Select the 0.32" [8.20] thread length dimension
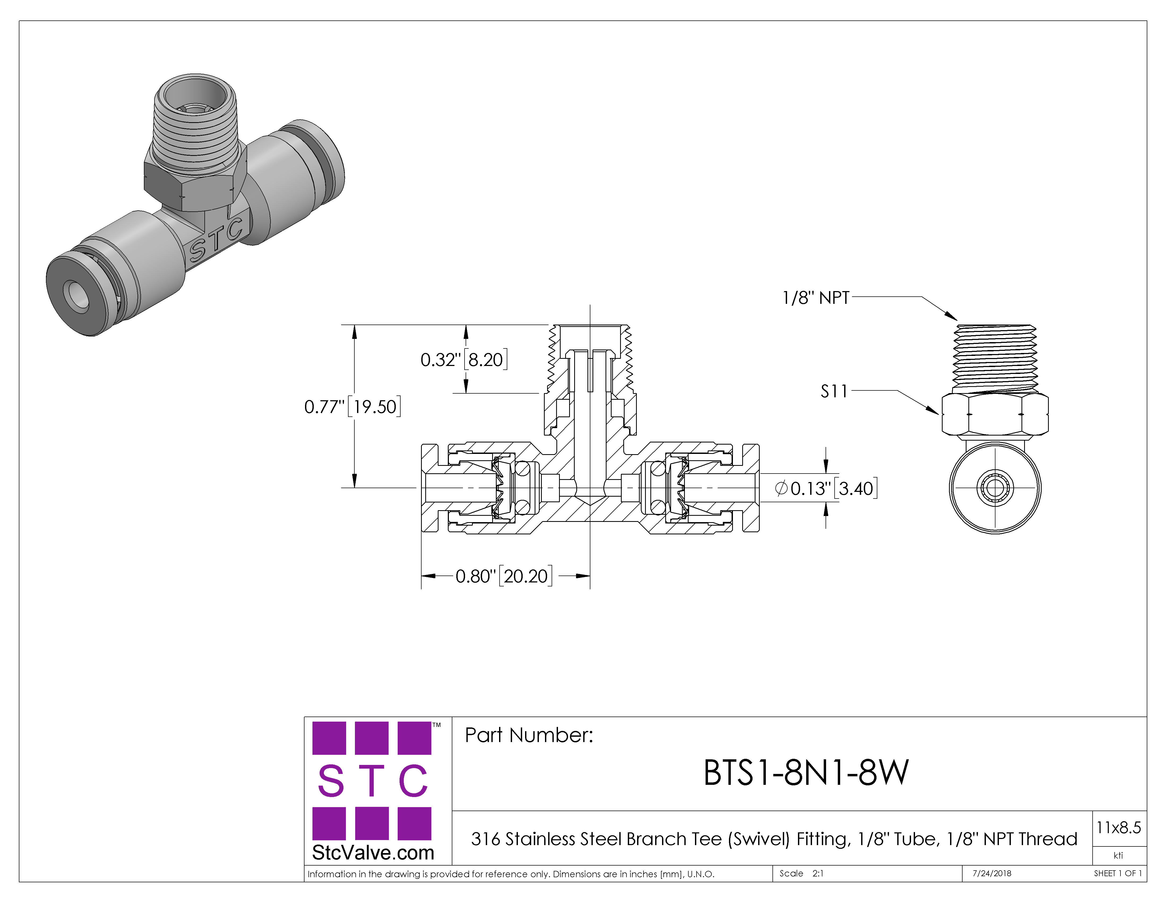[x=464, y=360]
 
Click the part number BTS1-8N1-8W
[x=805, y=773]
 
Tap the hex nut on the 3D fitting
[x=195, y=182]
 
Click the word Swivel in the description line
[x=758, y=839]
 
